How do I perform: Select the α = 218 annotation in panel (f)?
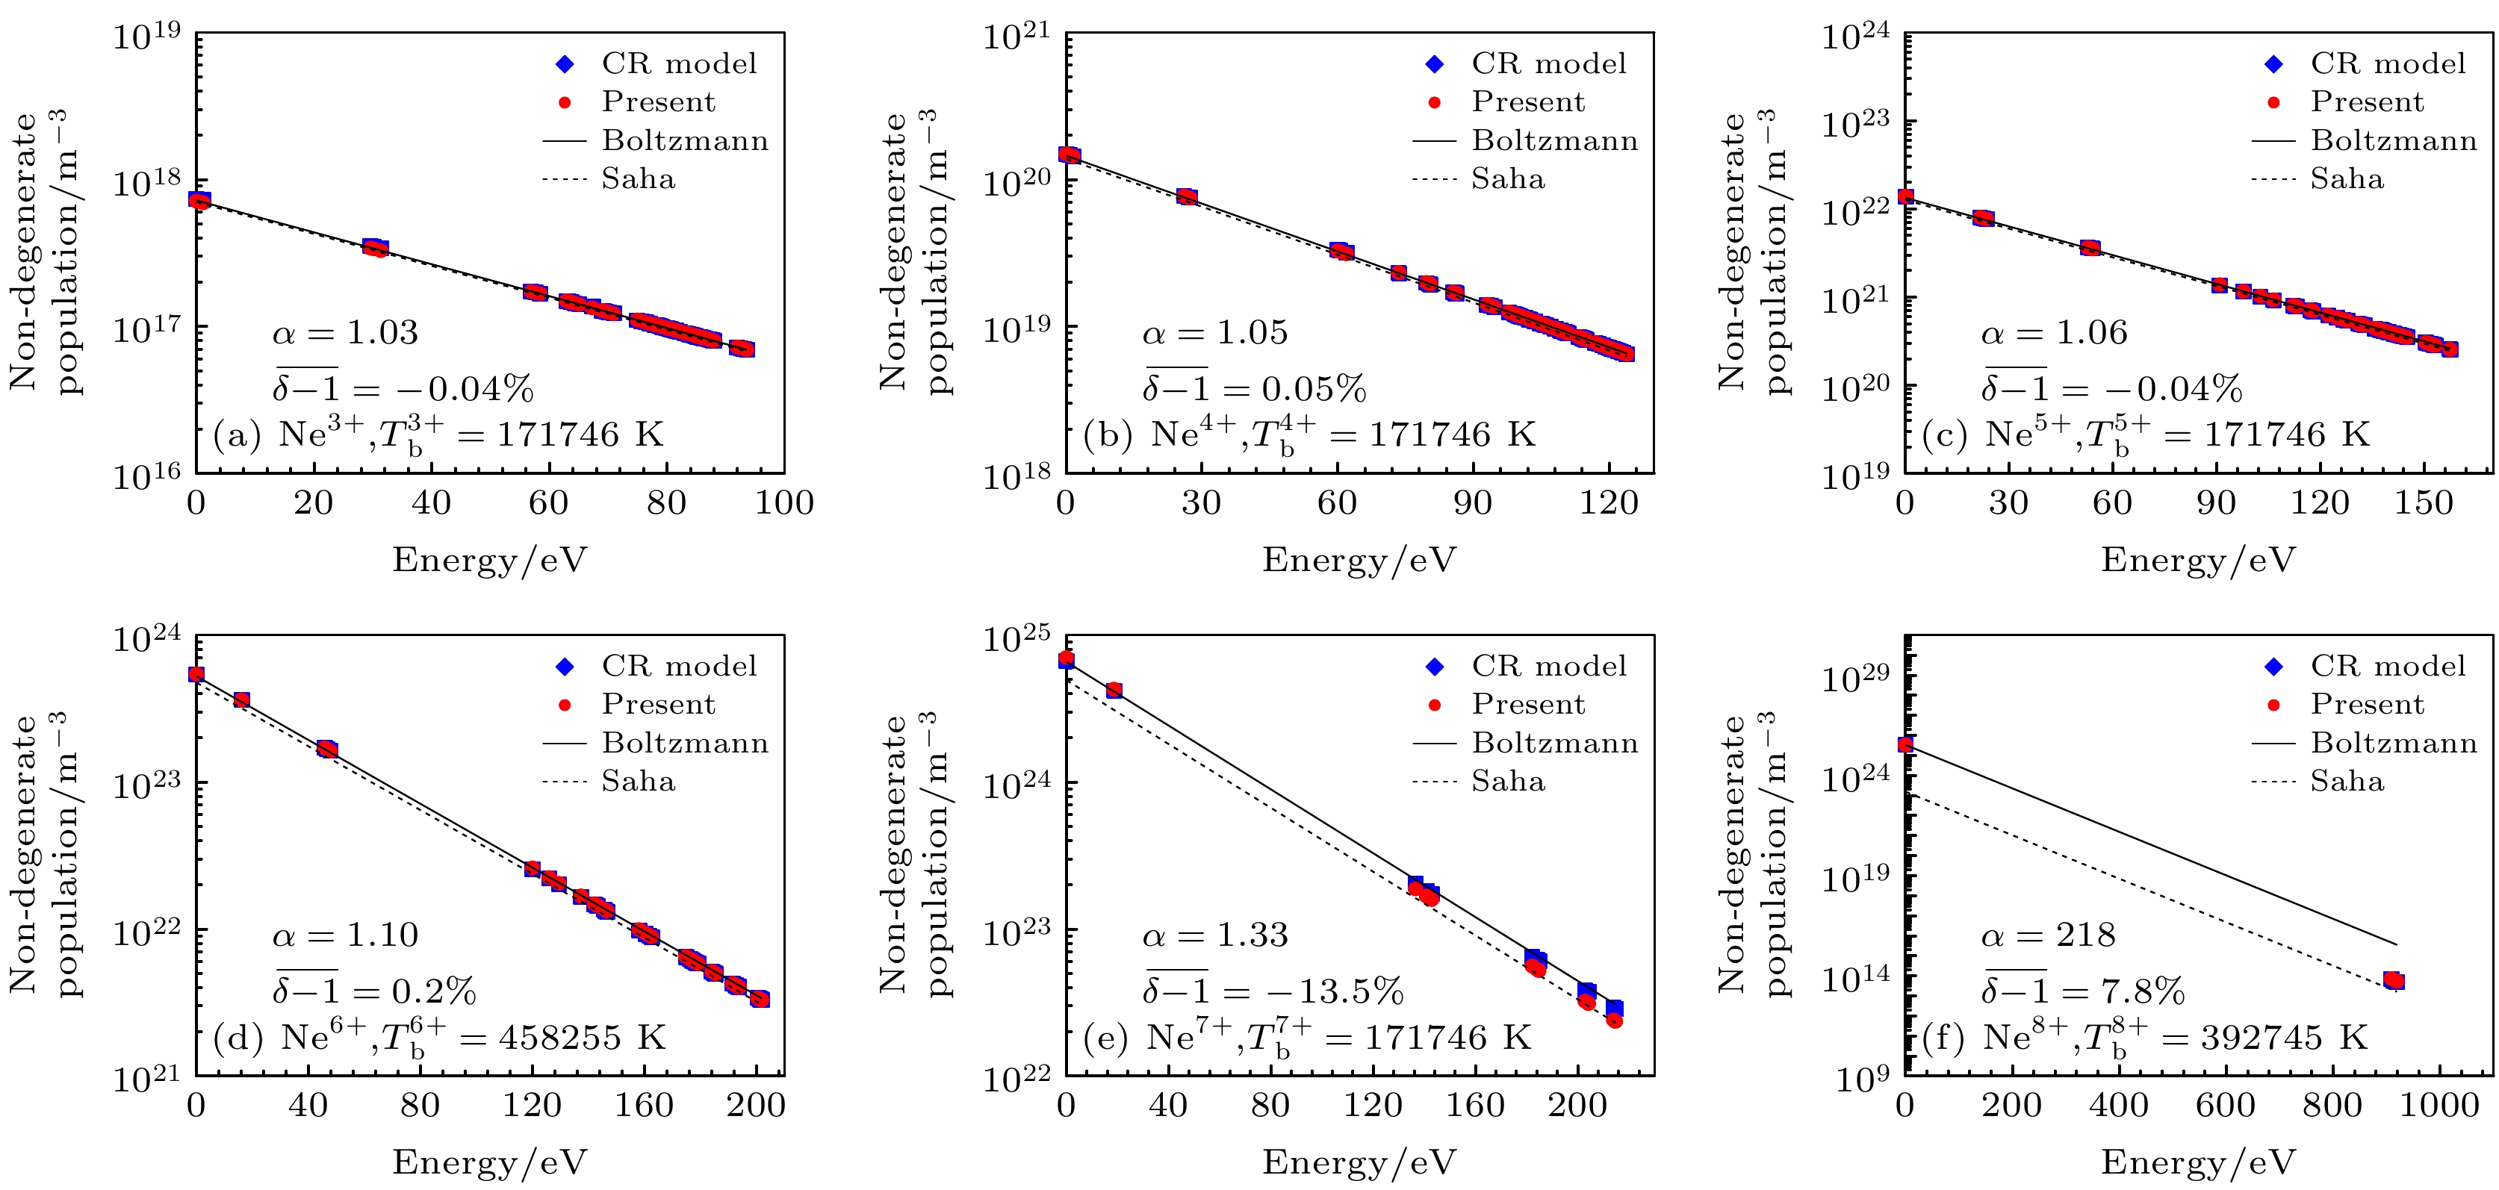point(2048,935)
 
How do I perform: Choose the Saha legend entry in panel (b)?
point(1508,179)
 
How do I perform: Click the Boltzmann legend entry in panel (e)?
point(1554,743)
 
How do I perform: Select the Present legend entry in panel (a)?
point(658,102)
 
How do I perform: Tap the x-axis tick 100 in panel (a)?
point(784,503)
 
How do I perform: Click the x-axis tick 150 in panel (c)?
point(2422,503)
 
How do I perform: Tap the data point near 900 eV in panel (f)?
point(2393,980)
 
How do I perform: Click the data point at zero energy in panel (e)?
point(1067,659)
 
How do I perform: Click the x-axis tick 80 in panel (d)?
point(420,1106)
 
